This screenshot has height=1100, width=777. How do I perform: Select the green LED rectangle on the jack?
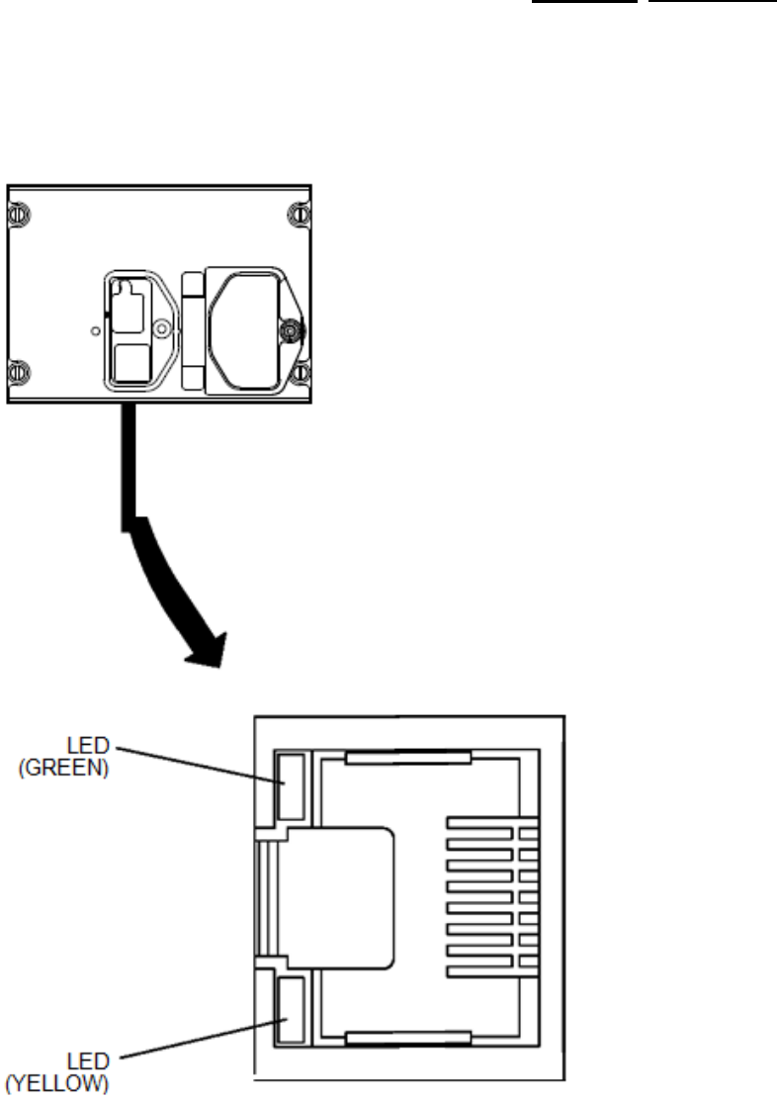(292, 786)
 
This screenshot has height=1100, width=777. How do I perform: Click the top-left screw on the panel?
(17, 213)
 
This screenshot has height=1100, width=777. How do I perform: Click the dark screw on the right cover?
(291, 330)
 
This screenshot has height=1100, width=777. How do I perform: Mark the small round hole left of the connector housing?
(94, 329)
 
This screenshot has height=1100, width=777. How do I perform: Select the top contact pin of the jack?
(491, 824)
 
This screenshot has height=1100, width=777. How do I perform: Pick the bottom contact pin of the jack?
(491, 962)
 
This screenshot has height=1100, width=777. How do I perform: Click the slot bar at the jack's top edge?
(405, 760)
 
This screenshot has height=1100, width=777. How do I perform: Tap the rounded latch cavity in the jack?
(341, 895)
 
